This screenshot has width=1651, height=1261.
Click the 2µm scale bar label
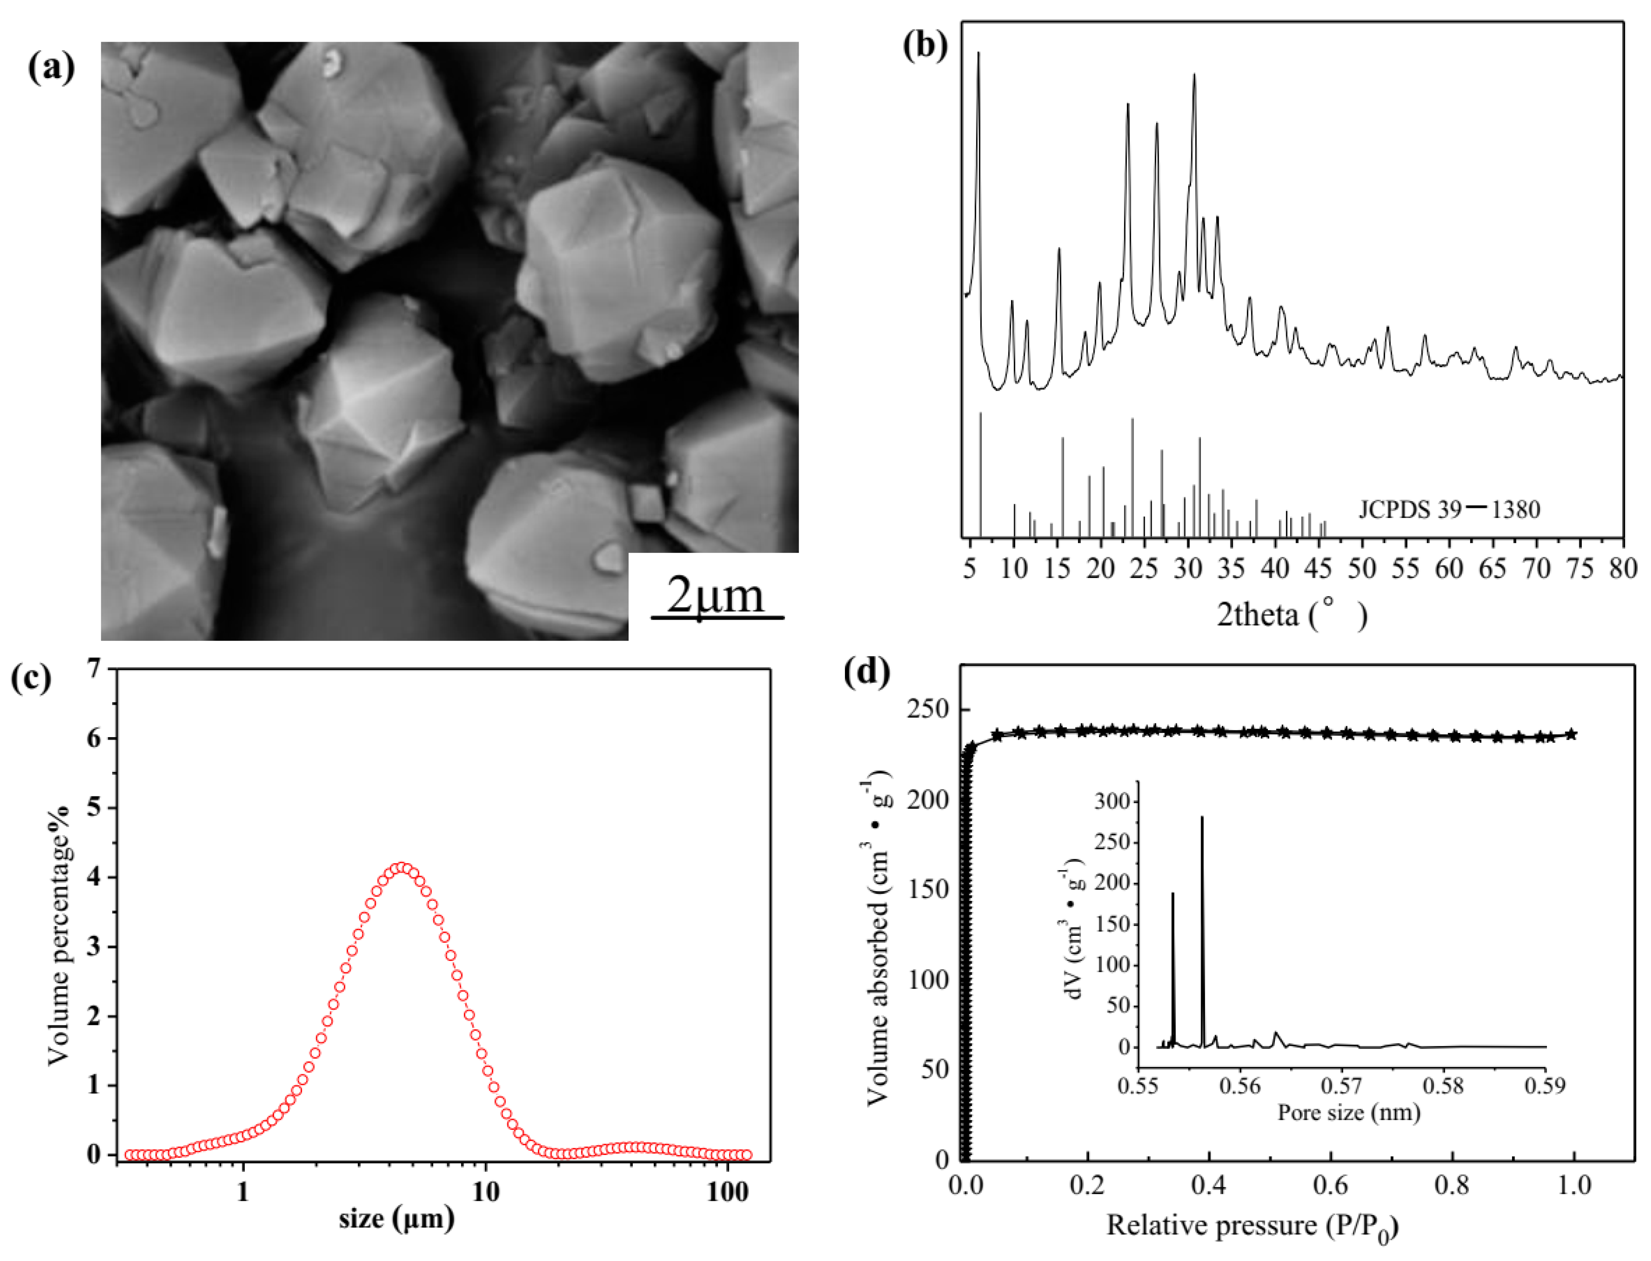715,596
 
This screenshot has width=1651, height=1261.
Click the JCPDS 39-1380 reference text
1448,510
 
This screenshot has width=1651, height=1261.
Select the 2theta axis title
1291,615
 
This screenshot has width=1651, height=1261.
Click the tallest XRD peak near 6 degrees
978,54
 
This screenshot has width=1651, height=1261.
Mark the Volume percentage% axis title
59,935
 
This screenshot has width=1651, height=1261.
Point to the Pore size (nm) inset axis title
1349,1112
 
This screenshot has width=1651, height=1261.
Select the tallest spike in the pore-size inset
1201,818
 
